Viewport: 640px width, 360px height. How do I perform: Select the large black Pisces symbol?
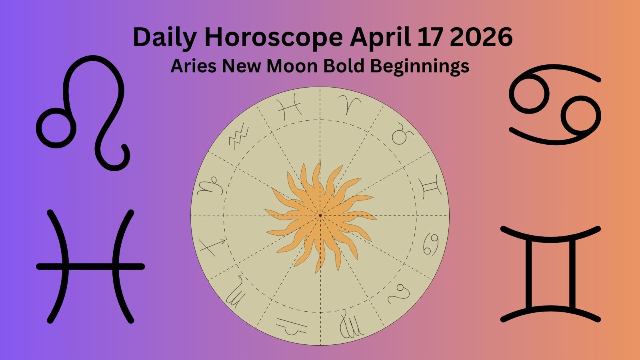coord(90,266)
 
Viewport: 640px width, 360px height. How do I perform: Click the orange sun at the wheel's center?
coord(320,216)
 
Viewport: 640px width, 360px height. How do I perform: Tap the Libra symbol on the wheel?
coord(292,326)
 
